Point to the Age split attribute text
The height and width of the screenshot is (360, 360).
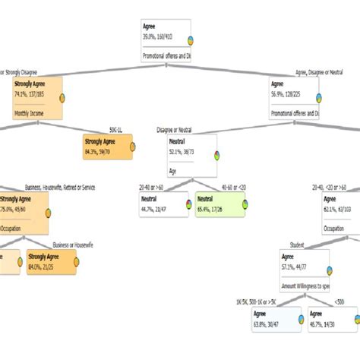point(173,172)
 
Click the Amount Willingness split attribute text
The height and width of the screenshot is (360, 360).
point(305,286)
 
